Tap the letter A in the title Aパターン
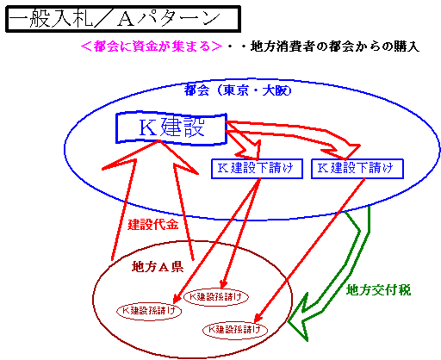(x=125, y=20)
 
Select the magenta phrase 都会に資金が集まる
(x=152, y=46)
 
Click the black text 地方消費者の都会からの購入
(x=335, y=47)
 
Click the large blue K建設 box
(x=171, y=127)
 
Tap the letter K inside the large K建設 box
(x=147, y=127)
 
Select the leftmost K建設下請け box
(x=257, y=169)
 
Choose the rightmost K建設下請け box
(x=357, y=169)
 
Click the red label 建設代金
(x=153, y=224)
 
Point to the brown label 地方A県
(x=158, y=267)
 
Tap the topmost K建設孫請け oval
(x=215, y=297)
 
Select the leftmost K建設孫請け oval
(x=149, y=311)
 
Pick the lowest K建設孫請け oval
(x=235, y=330)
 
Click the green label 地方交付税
(x=379, y=290)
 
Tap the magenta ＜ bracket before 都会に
(x=86, y=46)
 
